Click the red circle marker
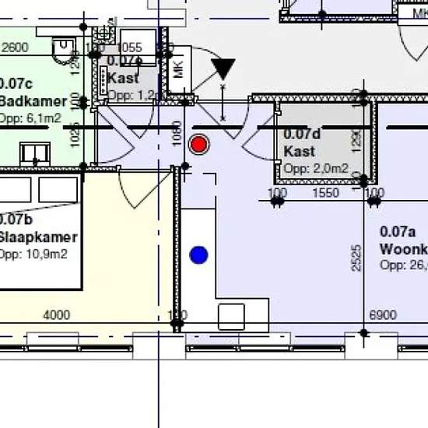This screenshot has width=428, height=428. pyautogui.click(x=200, y=144)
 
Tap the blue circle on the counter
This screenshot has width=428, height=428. pyautogui.click(x=199, y=254)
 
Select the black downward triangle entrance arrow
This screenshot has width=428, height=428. pyautogui.click(x=223, y=69)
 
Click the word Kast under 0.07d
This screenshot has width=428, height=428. pyautogui.click(x=300, y=151)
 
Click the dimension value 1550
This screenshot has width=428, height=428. pyautogui.click(x=325, y=193)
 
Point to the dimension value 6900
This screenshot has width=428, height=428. pyautogui.click(x=382, y=315)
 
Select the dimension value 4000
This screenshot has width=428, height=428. pyautogui.click(x=56, y=315)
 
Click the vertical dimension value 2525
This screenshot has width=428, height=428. pyautogui.click(x=356, y=258)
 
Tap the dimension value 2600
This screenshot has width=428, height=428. pyautogui.click(x=16, y=47)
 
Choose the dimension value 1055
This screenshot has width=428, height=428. pyautogui.click(x=129, y=47)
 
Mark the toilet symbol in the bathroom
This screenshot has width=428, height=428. pyautogui.click(x=63, y=51)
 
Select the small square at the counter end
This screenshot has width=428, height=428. pyautogui.click(x=231, y=317)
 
